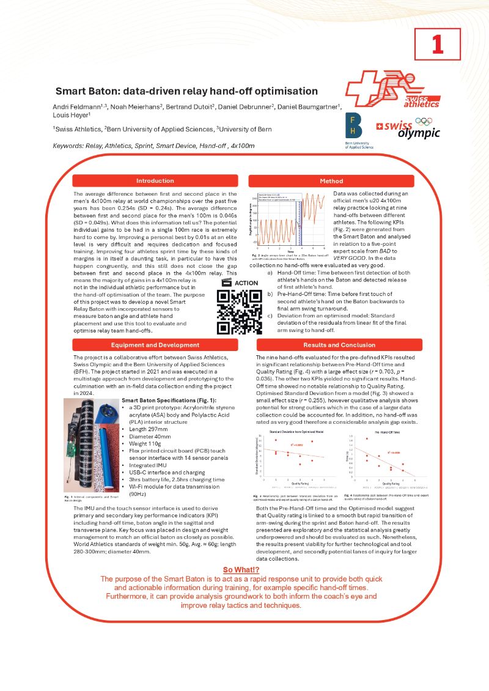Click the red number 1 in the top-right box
[437, 44]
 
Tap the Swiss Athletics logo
[400, 89]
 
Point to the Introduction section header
[155, 181]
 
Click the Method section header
[331, 181]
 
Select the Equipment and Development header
[155, 345]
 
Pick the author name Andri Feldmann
[79, 108]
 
